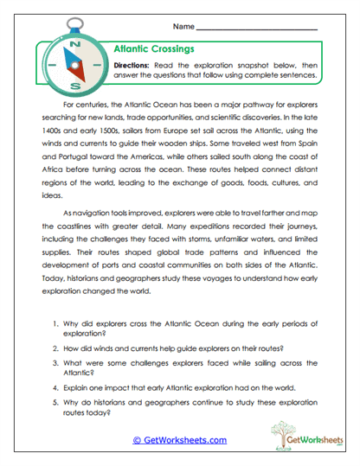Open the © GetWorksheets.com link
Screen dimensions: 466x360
[179, 440]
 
